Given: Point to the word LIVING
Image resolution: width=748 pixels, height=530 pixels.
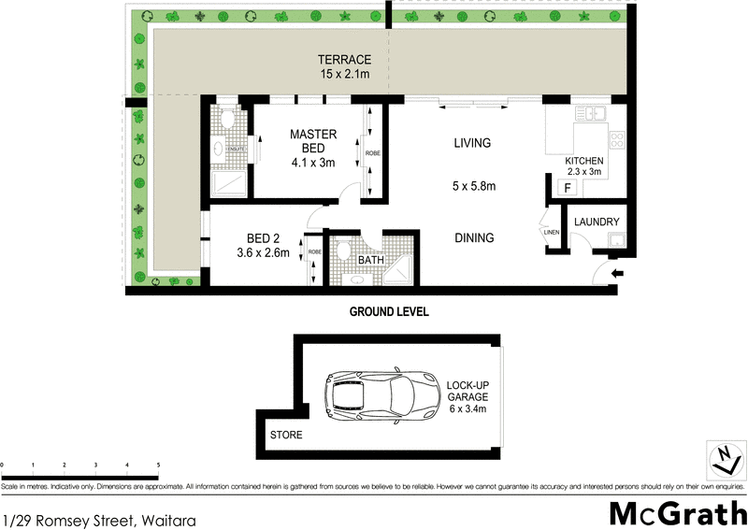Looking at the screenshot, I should [472, 143].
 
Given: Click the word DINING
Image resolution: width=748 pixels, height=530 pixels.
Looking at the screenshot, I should [473, 237].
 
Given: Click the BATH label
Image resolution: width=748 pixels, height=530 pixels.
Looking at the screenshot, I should [371, 259].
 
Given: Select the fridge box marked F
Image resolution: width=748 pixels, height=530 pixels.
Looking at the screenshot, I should [565, 188].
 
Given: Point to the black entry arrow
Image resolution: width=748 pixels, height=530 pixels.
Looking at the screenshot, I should [618, 273].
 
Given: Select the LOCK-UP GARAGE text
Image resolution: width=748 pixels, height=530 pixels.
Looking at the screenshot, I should [467, 396].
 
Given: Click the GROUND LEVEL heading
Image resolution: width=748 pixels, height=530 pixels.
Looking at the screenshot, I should [388, 311].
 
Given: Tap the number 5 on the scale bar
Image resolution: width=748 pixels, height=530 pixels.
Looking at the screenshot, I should [158, 464].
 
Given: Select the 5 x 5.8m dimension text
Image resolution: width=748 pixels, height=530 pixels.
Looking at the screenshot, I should [473, 186].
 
